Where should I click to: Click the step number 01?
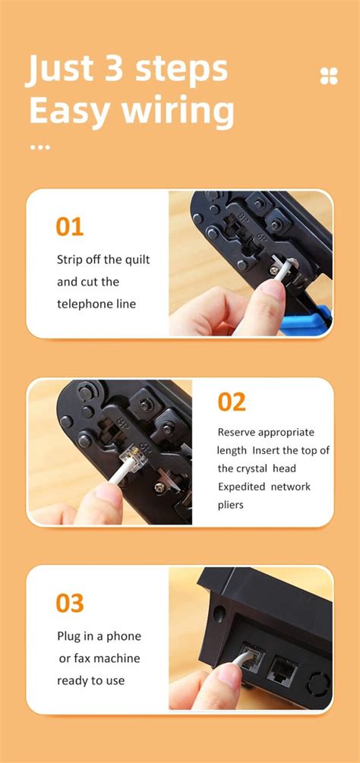(70, 226)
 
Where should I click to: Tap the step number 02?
(232, 402)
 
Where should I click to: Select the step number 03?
(70, 603)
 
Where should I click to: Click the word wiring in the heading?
(178, 110)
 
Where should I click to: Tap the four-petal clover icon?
(329, 76)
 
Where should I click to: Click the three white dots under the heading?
(40, 147)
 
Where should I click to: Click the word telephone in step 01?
(80, 304)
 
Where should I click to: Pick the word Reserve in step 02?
(236, 433)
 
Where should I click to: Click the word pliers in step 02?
(231, 506)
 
